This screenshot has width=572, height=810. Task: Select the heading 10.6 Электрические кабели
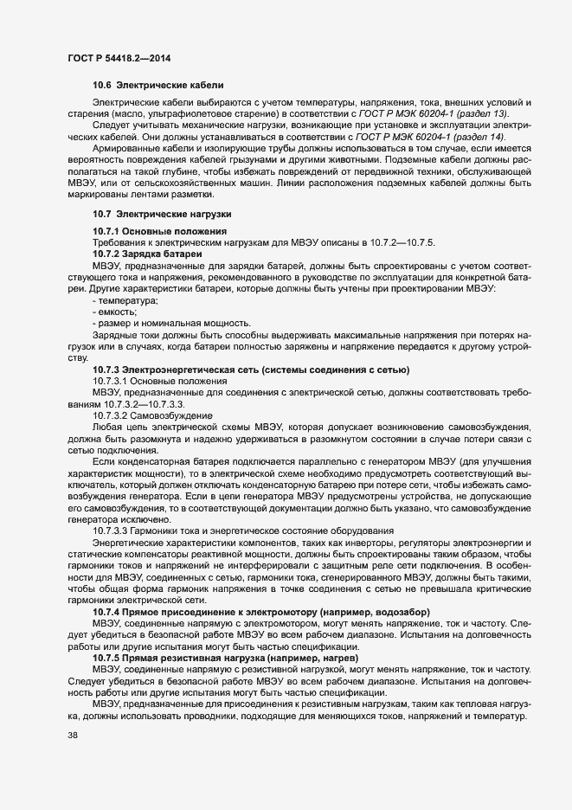tap(158, 85)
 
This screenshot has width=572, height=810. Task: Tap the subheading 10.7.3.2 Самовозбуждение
tap(151, 415)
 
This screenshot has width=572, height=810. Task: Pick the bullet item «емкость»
tap(120, 311)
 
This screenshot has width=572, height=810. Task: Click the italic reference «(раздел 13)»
tap(481, 113)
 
